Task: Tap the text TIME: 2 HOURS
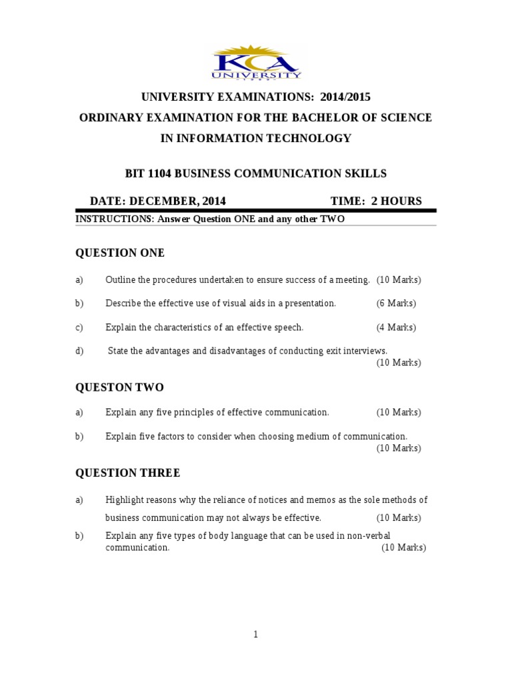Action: point(376,201)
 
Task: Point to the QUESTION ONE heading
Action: point(120,253)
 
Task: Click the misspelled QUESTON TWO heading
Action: point(119,388)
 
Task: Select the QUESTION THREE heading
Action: point(127,473)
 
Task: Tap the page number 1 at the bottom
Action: point(255,635)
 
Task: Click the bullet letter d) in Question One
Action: point(79,351)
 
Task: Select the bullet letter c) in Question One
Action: point(79,327)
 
